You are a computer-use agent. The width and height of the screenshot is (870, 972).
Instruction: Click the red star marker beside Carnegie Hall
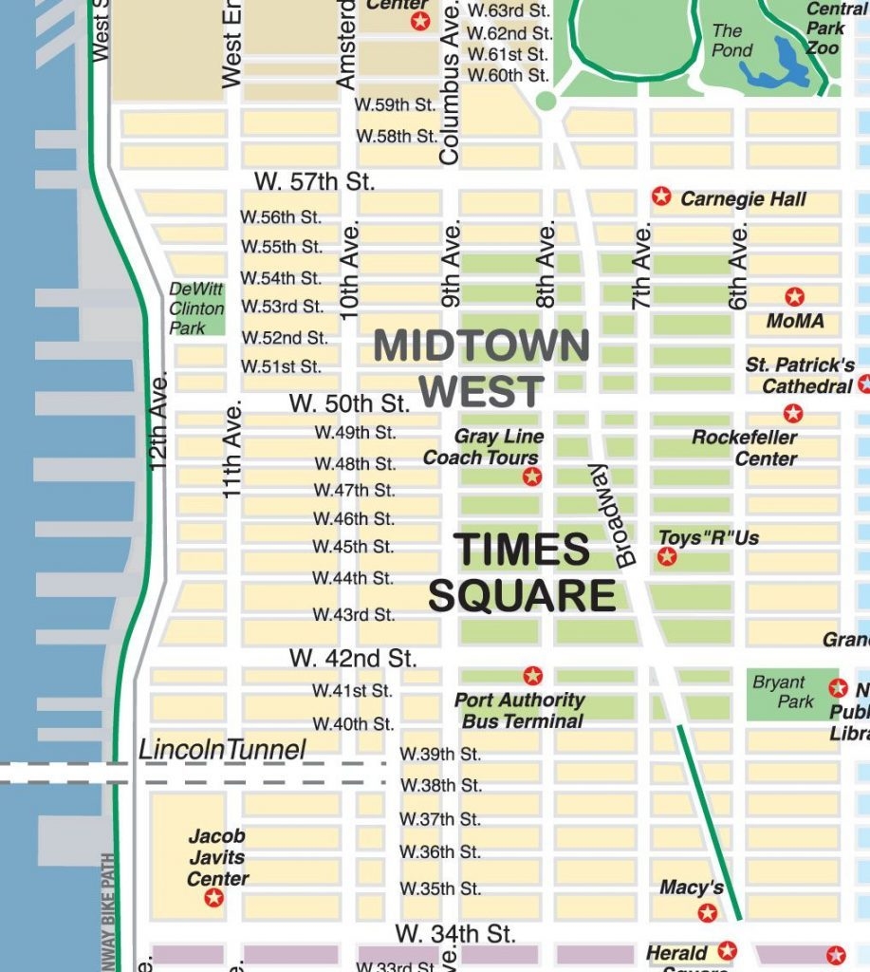(x=661, y=196)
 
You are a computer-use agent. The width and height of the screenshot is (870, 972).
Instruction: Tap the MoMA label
(x=795, y=321)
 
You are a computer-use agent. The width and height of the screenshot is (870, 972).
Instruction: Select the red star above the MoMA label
(x=795, y=297)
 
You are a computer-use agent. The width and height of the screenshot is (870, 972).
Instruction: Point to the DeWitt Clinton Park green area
(x=197, y=308)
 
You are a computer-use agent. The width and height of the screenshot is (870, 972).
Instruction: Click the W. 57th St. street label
(x=315, y=181)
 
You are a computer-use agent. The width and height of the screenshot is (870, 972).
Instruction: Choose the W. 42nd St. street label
(x=353, y=657)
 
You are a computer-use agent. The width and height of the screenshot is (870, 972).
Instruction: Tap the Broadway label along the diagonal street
(x=612, y=515)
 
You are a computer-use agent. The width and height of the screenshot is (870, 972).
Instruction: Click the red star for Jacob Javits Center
(x=214, y=897)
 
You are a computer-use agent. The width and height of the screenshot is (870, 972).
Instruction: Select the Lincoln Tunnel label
(x=223, y=750)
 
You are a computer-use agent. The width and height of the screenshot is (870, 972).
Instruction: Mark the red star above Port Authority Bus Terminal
(x=533, y=676)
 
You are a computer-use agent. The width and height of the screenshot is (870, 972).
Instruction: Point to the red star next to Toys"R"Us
(x=667, y=557)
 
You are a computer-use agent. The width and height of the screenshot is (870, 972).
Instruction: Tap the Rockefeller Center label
(x=745, y=448)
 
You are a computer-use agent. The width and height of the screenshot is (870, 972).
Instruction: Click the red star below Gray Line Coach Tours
(x=532, y=477)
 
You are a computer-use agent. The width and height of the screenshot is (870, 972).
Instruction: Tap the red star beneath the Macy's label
(x=707, y=913)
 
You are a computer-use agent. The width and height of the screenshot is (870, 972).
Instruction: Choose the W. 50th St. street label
(x=349, y=402)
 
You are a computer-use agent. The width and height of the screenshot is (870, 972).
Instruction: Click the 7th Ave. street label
(x=643, y=266)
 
